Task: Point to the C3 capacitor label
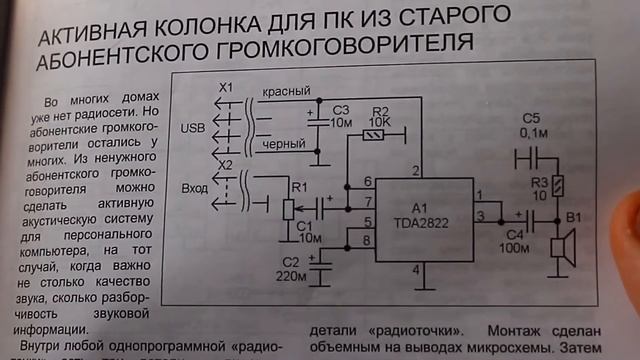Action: [341, 108]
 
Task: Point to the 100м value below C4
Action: [515, 248]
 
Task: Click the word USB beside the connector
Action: [191, 128]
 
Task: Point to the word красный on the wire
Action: [285, 91]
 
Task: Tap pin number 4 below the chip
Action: [416, 270]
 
